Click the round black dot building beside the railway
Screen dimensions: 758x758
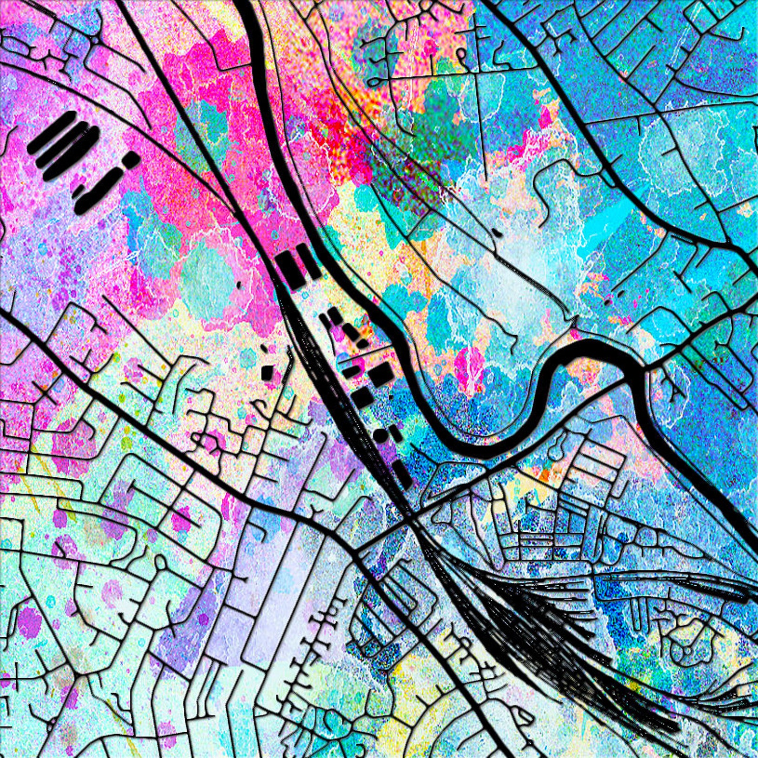380,434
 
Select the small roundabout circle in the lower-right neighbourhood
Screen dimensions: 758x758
688,650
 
